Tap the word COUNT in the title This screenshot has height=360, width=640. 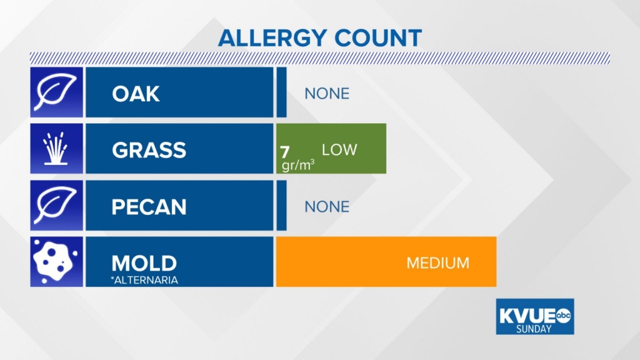tap(378, 38)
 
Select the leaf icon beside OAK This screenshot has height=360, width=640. tap(56, 92)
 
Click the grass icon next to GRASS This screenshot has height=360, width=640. tap(56, 148)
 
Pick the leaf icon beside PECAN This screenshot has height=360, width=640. tap(56, 205)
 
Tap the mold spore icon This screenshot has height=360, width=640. tap(55, 262)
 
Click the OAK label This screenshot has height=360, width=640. tap(136, 94)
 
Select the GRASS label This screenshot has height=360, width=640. tap(149, 150)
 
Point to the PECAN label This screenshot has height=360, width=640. tap(149, 207)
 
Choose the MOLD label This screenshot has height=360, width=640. tap(144, 263)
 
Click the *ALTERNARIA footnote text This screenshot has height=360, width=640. tap(144, 280)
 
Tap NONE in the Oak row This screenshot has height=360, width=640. tap(327, 94)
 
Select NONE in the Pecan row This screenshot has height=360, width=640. tap(327, 207)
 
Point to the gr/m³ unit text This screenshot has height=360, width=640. tap(298, 165)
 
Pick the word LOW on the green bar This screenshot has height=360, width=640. tap(339, 150)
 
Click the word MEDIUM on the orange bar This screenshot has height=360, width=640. tap(438, 263)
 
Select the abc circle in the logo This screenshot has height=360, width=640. tap(563, 315)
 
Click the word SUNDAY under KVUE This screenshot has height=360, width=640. tap(534, 329)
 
